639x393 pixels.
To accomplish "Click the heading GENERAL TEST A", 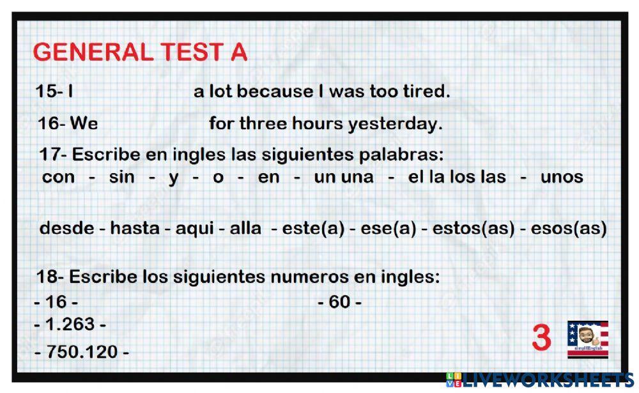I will pos(140,52).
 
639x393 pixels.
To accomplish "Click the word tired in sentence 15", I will pos(424,91).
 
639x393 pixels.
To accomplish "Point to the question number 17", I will pos(49,155).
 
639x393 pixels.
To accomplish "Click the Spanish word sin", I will pos(121,177).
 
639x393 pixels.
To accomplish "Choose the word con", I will pos(58,177).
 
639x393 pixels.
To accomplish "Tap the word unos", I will pos(562,177).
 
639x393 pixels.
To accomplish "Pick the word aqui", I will pos(192,228).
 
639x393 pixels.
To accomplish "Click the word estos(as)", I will pos(473,228).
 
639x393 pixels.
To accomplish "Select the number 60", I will pos(340,302).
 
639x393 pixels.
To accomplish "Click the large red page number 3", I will pos(541,338).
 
